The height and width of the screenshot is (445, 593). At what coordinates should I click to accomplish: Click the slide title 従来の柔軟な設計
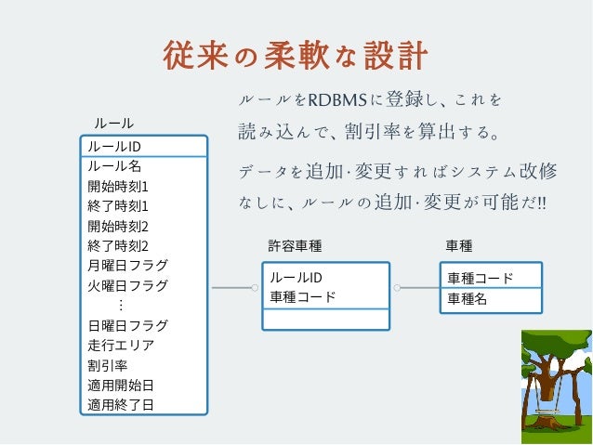(296, 57)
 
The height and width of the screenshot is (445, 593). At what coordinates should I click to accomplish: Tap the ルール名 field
(114, 166)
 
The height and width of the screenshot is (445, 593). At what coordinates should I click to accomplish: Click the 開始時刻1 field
(118, 186)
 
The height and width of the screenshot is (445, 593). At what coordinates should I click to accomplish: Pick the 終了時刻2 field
(118, 246)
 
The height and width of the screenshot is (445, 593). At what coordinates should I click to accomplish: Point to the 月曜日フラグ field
(128, 266)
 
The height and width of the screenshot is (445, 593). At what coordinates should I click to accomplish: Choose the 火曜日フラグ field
(128, 285)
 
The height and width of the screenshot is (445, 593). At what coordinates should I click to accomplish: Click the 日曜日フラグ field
(128, 325)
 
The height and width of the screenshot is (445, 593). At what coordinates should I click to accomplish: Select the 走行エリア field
(121, 345)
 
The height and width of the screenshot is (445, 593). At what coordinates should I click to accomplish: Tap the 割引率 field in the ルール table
(108, 365)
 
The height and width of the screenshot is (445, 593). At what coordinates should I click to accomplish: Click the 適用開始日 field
(121, 385)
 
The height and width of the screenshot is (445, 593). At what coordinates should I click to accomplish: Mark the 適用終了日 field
(121, 404)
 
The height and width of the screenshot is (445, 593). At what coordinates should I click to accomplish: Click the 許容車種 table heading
(295, 246)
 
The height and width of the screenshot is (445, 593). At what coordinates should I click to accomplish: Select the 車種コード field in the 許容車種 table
(303, 297)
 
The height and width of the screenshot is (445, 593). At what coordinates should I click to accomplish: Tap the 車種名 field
(468, 298)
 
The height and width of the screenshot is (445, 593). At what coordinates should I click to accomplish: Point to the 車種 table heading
(459, 246)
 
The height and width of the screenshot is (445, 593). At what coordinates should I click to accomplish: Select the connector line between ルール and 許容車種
(232, 288)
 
